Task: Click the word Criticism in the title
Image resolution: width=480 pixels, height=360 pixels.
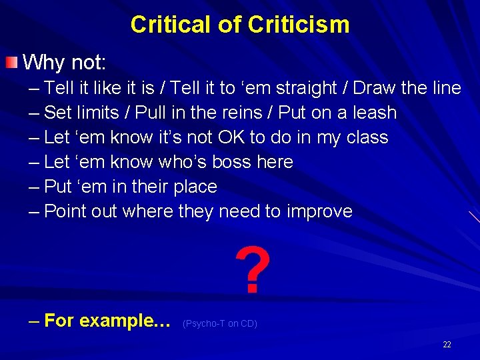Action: pos(298,25)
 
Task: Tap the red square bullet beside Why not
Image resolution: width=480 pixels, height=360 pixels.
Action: pos(11,63)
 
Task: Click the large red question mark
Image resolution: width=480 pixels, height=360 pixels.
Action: pos(253,272)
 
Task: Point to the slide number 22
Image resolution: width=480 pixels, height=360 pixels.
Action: pos(447,345)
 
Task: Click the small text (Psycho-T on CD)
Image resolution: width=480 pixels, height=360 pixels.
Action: pos(219,324)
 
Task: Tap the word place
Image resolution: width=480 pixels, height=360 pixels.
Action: pos(195,187)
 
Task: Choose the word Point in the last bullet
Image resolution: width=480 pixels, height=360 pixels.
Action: pos(66,211)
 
